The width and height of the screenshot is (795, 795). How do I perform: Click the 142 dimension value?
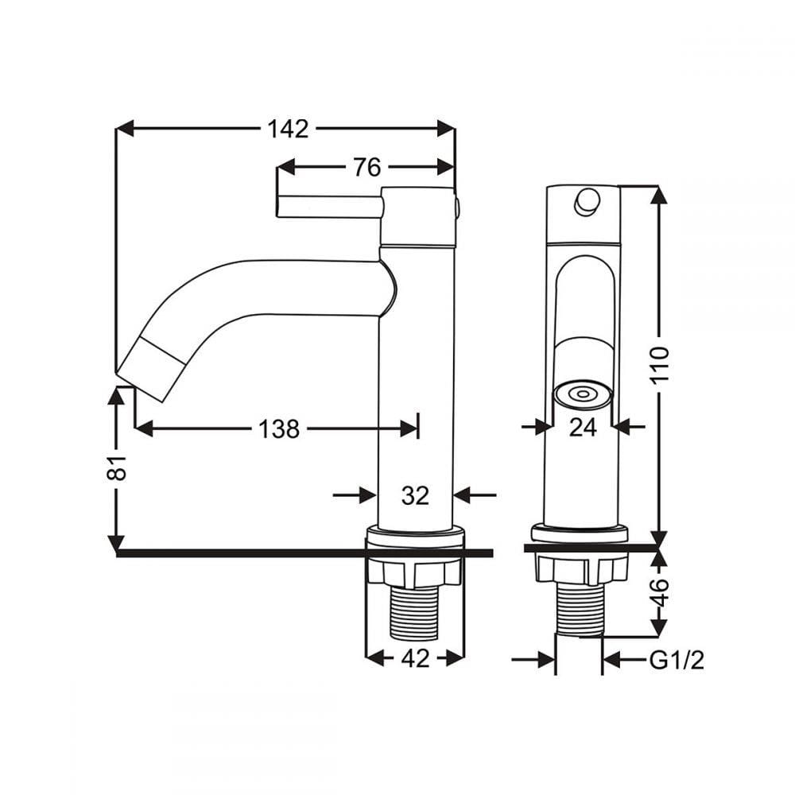288,129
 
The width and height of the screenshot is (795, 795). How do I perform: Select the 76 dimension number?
366,167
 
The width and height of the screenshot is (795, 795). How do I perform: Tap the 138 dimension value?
279,429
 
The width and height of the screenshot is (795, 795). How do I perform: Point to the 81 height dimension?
118,467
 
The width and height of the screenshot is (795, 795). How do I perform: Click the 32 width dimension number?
415,494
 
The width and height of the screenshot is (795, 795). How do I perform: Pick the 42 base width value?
415,658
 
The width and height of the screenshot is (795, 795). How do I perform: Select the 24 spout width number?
583,428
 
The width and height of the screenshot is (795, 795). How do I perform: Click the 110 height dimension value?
660,366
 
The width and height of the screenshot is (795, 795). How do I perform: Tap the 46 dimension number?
660,591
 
